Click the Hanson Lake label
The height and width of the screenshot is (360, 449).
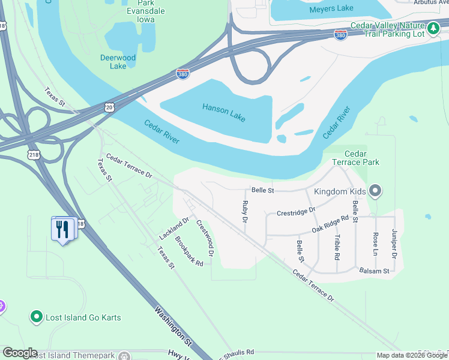click(x=224, y=112)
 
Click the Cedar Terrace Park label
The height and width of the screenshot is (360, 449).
click(x=357, y=158)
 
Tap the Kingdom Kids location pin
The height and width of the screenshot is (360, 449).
click(x=376, y=191)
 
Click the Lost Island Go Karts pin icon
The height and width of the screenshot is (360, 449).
click(x=36, y=316)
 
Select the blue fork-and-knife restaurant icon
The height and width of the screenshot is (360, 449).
click(x=63, y=229)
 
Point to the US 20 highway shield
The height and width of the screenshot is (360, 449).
click(x=109, y=107)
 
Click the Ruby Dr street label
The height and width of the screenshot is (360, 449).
click(x=245, y=212)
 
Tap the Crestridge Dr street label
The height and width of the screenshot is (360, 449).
click(x=295, y=212)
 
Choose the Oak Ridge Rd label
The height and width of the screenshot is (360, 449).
click(x=330, y=225)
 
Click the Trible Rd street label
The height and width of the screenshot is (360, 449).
click(x=337, y=247)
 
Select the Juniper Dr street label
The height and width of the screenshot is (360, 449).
click(x=394, y=244)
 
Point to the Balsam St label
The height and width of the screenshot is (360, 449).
click(x=374, y=271)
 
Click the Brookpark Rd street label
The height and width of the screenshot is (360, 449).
click(x=189, y=251)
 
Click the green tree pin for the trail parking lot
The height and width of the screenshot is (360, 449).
click(x=433, y=28)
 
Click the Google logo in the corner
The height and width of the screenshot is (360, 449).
click(x=19, y=353)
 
